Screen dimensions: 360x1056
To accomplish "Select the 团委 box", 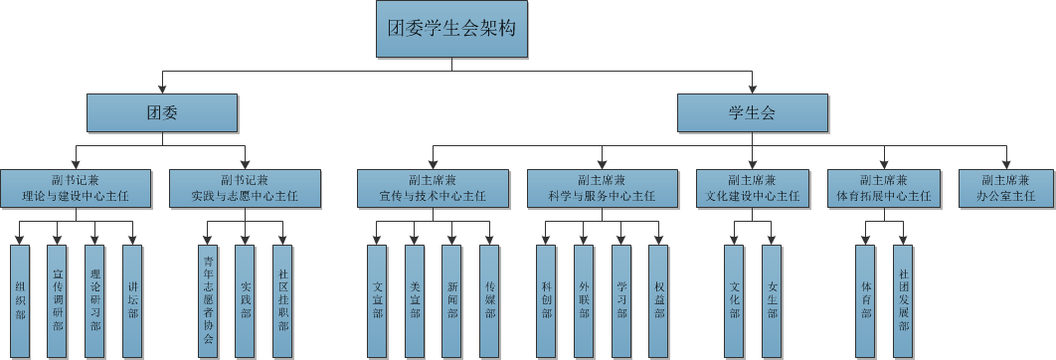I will tap(161, 112).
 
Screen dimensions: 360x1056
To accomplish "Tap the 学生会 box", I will tap(752, 112).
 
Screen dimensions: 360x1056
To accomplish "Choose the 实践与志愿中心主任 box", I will tap(244, 188).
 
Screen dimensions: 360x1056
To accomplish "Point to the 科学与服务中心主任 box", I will tap(601, 188).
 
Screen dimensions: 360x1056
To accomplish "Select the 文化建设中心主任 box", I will tap(752, 188).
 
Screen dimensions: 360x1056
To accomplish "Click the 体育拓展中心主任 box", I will tap(884, 188).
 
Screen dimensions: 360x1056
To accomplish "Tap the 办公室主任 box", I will tap(1005, 188).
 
